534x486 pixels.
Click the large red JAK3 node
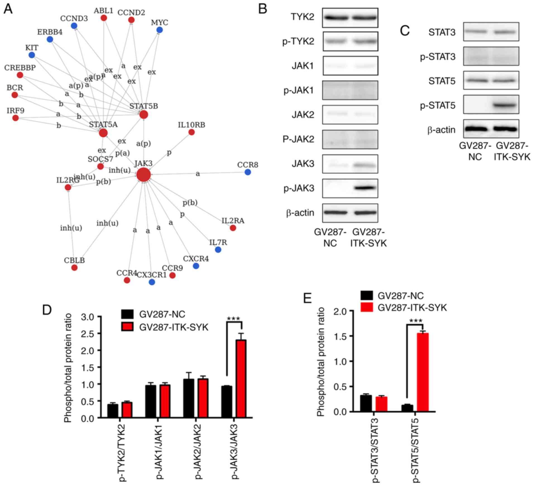click(x=143, y=175)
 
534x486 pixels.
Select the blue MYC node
click(x=159, y=30)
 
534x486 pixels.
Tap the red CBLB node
click(x=74, y=268)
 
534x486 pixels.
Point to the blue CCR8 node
click(x=248, y=172)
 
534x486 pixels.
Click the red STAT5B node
click(x=143, y=114)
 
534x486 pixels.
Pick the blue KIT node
click(x=32, y=55)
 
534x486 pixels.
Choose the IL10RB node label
click(x=191, y=125)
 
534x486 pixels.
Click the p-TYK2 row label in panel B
click(x=298, y=42)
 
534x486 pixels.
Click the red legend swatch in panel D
click(x=127, y=327)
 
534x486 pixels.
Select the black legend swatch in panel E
click(x=367, y=296)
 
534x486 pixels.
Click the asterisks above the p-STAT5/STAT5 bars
click(x=416, y=321)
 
